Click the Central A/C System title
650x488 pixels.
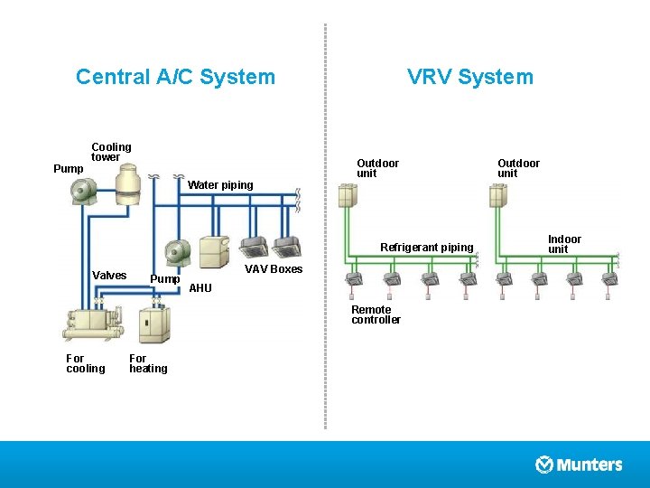pos(175,77)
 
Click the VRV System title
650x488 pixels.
pos(469,77)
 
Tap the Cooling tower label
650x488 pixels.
pos(111,152)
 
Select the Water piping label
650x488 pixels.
pos(220,185)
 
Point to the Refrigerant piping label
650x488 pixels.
pos(426,248)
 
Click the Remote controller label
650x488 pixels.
pos(376,314)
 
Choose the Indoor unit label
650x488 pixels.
pos(564,244)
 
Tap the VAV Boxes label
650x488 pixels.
pos(274,269)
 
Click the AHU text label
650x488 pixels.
pos(200,288)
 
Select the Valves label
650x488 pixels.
pos(109,276)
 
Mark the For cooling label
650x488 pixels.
pos(86,363)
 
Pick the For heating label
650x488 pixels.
pos(148,363)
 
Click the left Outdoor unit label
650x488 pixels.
pos(377,168)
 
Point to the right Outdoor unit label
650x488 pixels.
pos(518,168)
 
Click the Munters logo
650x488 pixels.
pos(579,465)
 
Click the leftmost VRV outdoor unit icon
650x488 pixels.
pos(347,195)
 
